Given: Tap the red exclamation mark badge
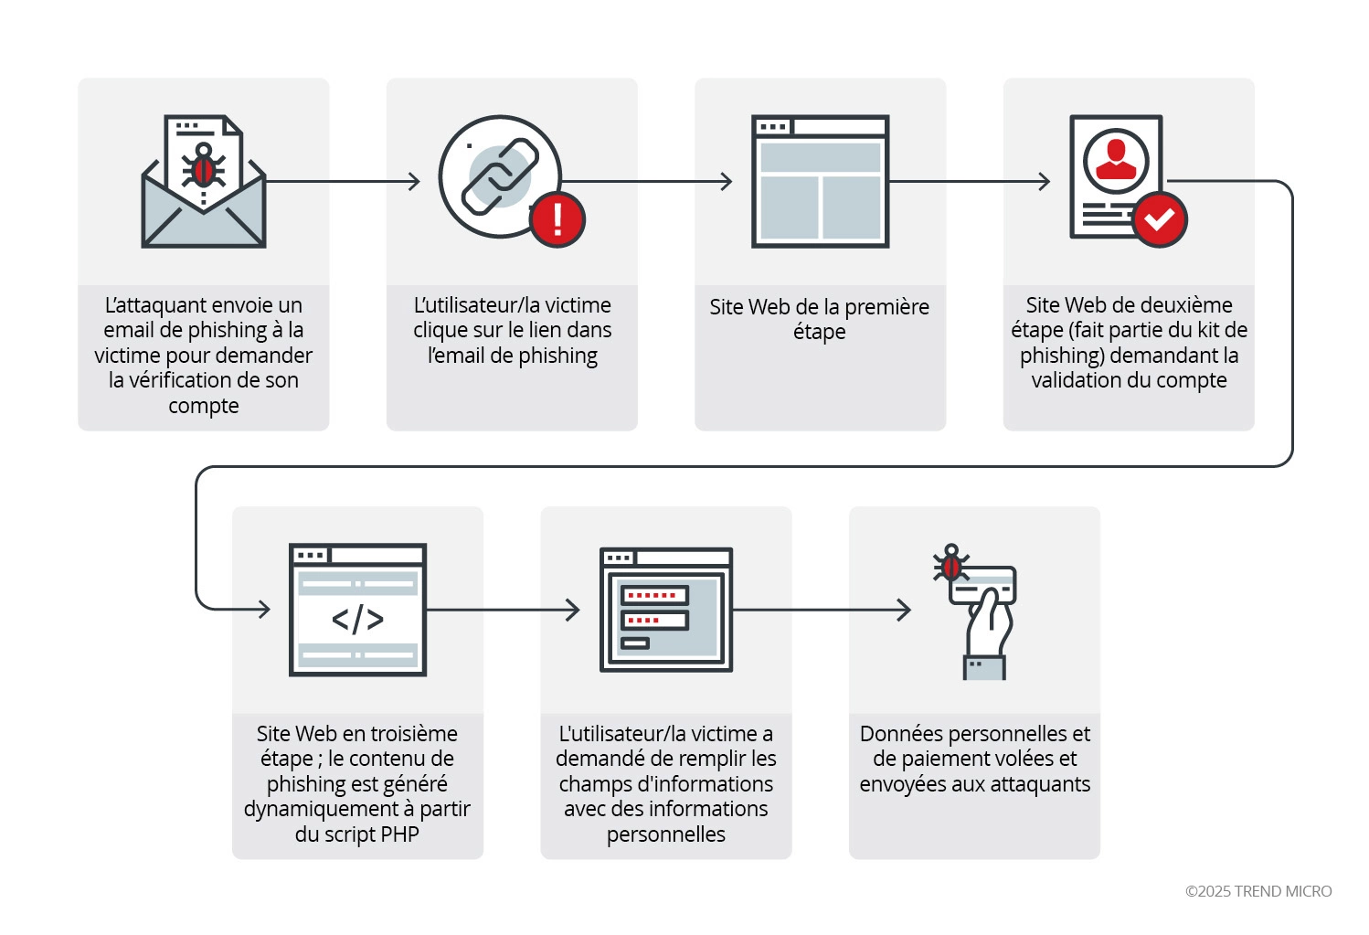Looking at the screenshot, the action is click(x=557, y=219).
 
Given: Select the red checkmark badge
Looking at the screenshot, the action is click(x=1160, y=219).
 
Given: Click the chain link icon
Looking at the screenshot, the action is click(x=500, y=176).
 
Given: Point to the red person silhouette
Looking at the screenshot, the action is click(x=1116, y=159).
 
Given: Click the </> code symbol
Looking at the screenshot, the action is click(x=357, y=619).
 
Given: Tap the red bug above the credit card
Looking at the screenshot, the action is click(x=951, y=563).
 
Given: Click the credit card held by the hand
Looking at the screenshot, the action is click(x=982, y=585).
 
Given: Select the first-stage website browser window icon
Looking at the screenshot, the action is click(x=820, y=181).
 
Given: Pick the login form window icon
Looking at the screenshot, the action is click(x=666, y=610).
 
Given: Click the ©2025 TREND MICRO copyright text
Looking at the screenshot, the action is click(x=1258, y=891).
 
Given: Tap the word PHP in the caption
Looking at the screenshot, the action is click(x=399, y=834).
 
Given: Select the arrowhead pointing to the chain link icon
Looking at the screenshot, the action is click(x=414, y=181).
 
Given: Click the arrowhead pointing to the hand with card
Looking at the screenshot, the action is click(x=904, y=610).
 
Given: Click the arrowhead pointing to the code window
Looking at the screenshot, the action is click(x=264, y=609).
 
